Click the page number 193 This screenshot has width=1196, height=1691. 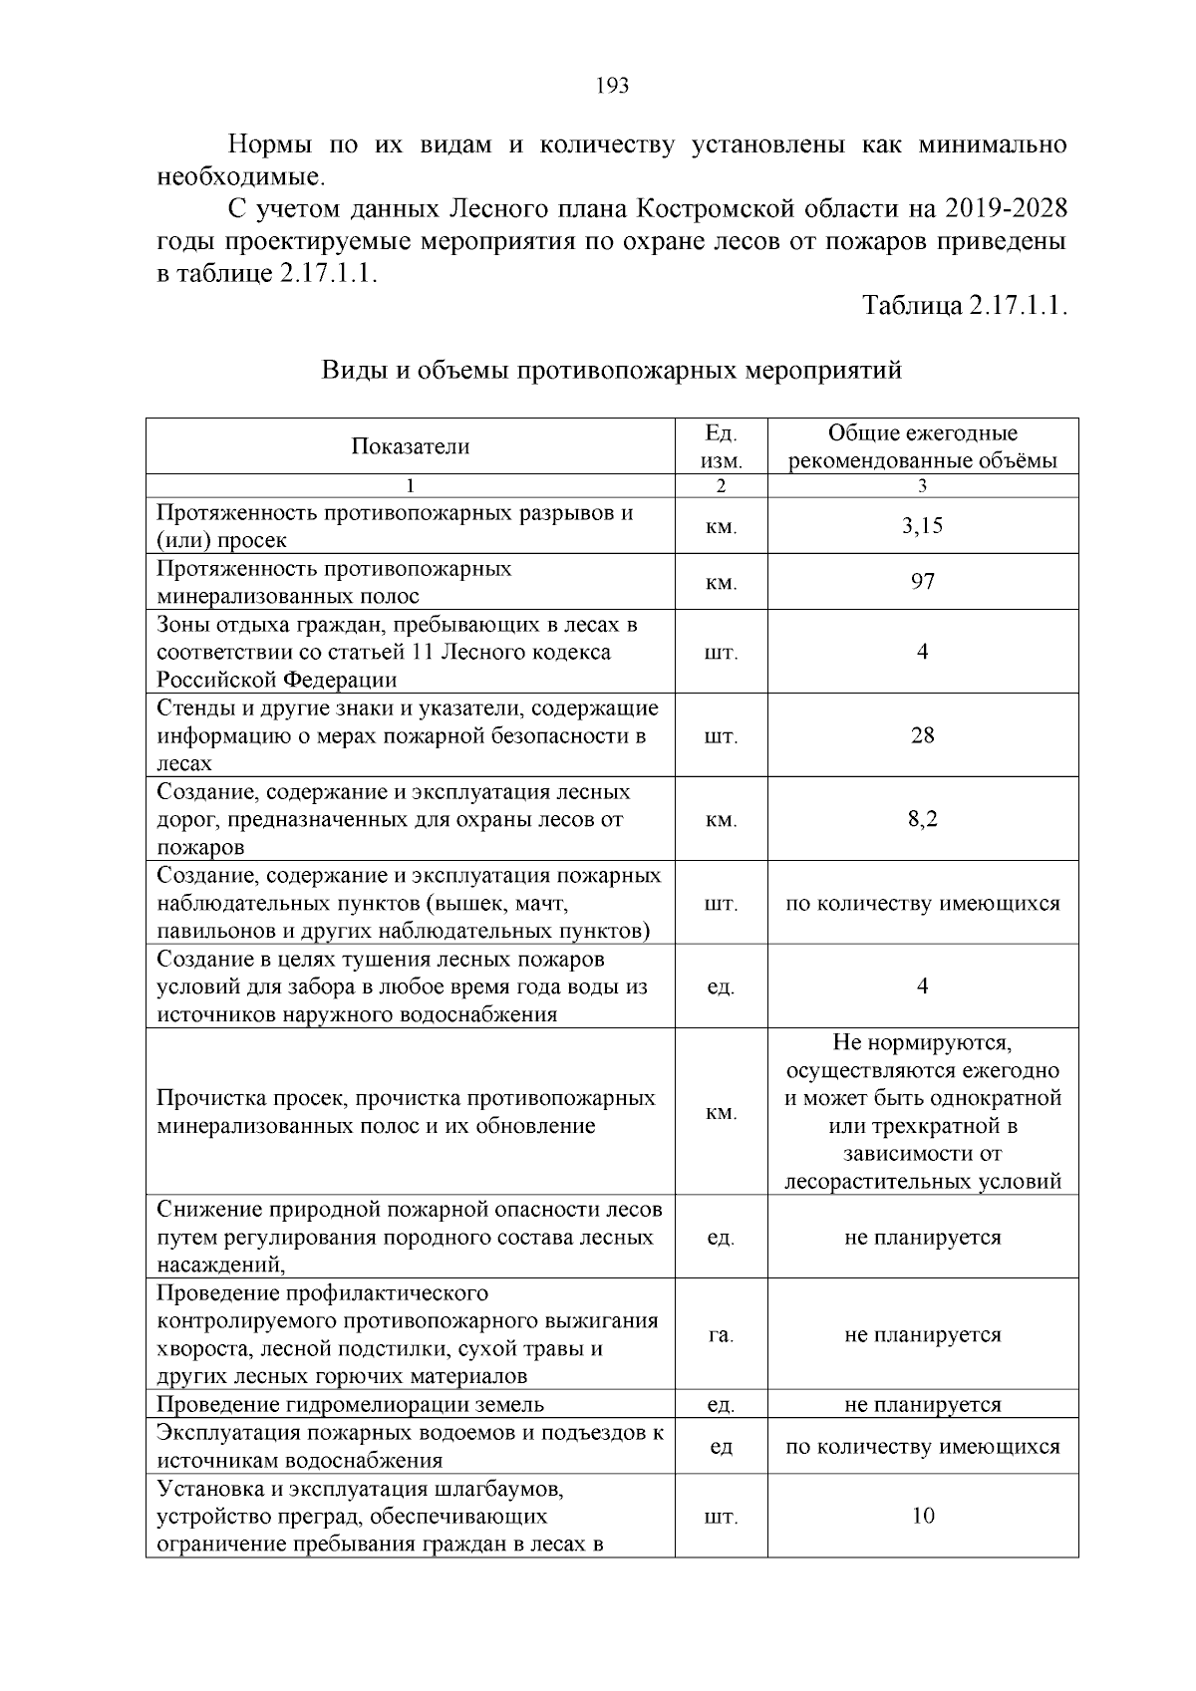point(611,86)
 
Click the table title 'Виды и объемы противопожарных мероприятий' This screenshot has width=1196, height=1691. point(611,371)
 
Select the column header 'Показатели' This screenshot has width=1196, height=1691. point(410,446)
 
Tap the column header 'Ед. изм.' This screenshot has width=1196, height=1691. point(721,446)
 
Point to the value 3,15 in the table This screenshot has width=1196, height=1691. point(922,526)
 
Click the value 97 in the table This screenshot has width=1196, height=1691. point(922,581)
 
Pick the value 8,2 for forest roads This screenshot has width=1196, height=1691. point(922,819)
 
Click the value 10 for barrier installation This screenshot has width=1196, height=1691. point(922,1516)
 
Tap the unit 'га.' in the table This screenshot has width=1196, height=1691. point(721,1334)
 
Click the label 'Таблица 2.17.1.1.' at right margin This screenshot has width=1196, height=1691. point(965,306)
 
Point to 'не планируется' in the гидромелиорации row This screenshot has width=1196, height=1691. point(922,1404)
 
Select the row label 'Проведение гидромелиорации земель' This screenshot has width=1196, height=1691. point(351,1404)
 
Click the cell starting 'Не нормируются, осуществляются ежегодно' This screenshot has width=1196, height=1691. point(922,1111)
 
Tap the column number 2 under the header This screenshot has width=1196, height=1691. point(721,486)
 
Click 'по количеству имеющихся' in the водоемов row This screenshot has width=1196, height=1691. point(922,1446)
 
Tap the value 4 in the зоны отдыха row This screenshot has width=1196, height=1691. point(922,652)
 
